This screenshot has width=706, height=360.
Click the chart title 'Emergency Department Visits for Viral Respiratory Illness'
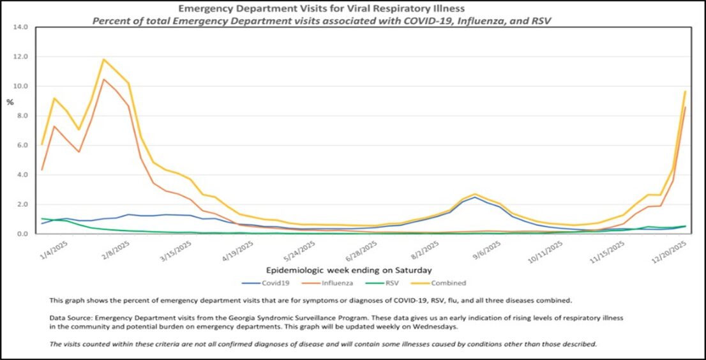[x=321, y=9]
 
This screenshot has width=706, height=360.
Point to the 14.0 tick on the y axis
[x=21, y=27]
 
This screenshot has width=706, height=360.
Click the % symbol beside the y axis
[x=10, y=102]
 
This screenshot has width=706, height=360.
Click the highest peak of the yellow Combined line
[x=104, y=59]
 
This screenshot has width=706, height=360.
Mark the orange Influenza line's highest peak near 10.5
[x=104, y=79]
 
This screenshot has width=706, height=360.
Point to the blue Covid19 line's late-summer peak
[x=474, y=197]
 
